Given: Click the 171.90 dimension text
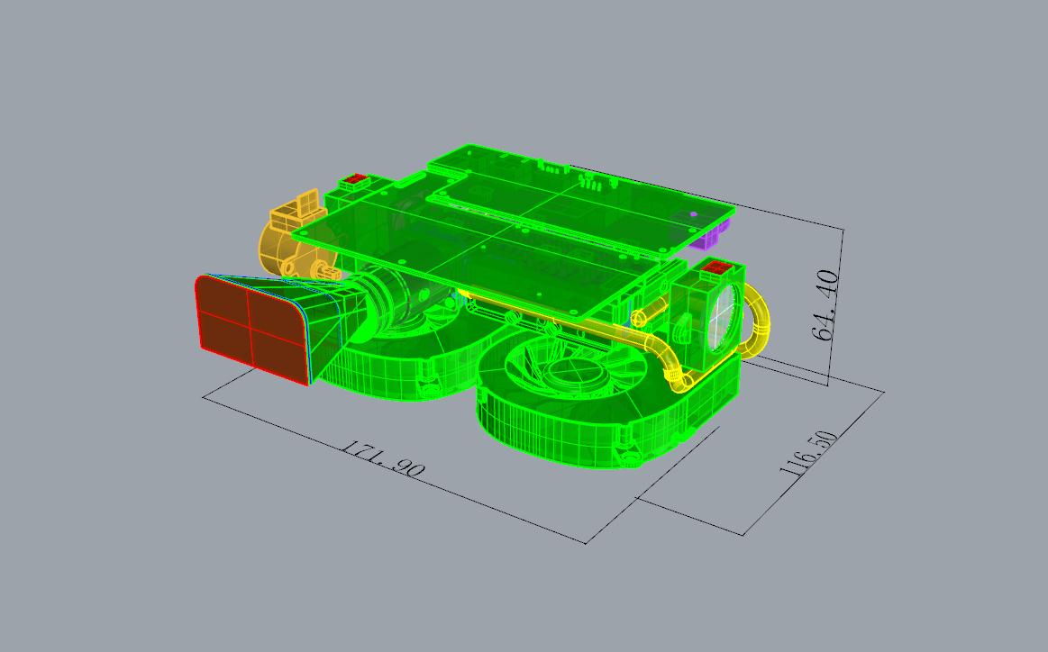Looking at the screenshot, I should pyautogui.click(x=381, y=458).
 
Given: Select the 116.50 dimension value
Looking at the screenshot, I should pyautogui.click(x=807, y=453).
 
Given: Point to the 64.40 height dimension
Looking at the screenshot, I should pyautogui.click(x=826, y=305).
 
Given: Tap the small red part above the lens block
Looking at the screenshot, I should pyautogui.click(x=717, y=267).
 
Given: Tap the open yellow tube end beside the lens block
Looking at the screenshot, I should pyautogui.click(x=637, y=317).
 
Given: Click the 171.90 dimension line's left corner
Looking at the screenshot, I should pyautogui.click(x=204, y=396).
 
